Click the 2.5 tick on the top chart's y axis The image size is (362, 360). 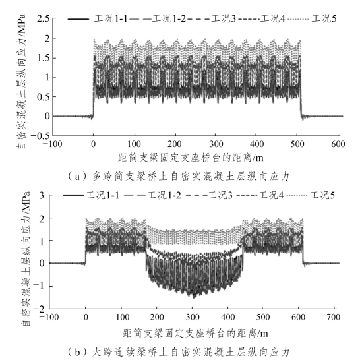pos(43,18)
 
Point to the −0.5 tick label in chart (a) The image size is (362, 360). pos(40,136)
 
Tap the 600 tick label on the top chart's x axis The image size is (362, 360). pos(338,144)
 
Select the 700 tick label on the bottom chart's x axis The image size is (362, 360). pos(334,317)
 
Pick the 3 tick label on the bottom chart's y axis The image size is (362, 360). pos(42,196)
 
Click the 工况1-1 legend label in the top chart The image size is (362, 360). pos(111,18)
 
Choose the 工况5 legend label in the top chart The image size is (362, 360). pos(324,18)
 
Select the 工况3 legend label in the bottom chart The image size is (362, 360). pos(220,196)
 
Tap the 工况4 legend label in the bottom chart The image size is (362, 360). pos(271,196)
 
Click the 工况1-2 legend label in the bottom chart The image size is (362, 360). pos(164,196)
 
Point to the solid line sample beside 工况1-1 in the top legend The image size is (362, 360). pos(78,19)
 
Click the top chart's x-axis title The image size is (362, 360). pos(191,158)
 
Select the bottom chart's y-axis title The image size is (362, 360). pos(26,258)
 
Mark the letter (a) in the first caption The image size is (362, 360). pos(77,177)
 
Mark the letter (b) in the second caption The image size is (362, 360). pos(77,352)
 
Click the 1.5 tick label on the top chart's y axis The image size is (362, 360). pos(43,58)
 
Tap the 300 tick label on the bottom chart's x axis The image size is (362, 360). pos(193,317)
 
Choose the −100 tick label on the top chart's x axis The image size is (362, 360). pos(52,144)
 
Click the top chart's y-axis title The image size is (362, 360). pos(21,81)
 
